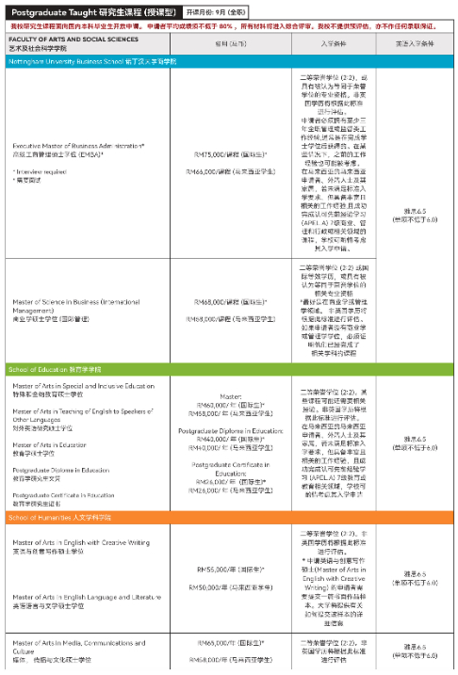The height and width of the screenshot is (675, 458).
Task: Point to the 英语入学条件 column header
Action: click(415, 43)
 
